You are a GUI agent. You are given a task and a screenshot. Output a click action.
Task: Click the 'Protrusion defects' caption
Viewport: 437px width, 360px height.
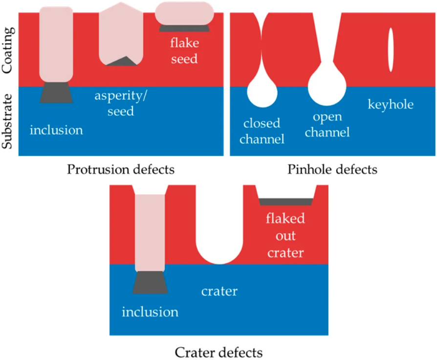[x=121, y=169]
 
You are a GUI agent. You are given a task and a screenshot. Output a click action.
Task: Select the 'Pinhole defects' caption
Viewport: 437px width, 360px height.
[x=332, y=169]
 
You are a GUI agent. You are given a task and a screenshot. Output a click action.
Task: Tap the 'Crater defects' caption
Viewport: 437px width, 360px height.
[x=219, y=353]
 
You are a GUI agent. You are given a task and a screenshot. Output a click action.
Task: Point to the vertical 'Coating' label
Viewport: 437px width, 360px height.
[x=7, y=50]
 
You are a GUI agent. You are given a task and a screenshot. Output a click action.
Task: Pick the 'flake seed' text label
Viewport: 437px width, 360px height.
[x=184, y=51]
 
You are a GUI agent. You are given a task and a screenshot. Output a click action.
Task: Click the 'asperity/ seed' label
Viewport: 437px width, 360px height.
[x=121, y=103]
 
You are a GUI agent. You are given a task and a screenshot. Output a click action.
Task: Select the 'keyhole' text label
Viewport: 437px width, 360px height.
[x=391, y=105]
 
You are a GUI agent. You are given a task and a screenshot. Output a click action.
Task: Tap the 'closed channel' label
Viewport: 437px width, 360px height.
[x=262, y=131]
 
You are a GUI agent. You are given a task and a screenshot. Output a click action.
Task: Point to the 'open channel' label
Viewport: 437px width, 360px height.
[x=327, y=125]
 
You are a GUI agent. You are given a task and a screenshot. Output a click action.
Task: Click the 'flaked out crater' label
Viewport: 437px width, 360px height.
[x=285, y=235]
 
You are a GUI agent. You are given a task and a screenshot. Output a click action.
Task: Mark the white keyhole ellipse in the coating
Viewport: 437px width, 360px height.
[x=391, y=49]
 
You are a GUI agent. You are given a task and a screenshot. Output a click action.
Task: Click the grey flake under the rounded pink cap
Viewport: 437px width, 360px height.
[x=184, y=28]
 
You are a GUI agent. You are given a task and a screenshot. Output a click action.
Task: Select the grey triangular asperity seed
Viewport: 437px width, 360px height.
[x=122, y=61]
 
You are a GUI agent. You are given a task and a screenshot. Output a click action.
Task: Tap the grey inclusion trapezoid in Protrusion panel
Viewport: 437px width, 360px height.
[x=56, y=92]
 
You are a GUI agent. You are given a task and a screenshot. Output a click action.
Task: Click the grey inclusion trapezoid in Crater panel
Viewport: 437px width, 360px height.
[x=150, y=283]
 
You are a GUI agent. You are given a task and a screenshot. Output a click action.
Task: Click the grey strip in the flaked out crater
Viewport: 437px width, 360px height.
[x=286, y=202]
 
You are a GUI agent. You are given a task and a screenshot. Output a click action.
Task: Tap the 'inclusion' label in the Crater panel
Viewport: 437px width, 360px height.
[x=150, y=312]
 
